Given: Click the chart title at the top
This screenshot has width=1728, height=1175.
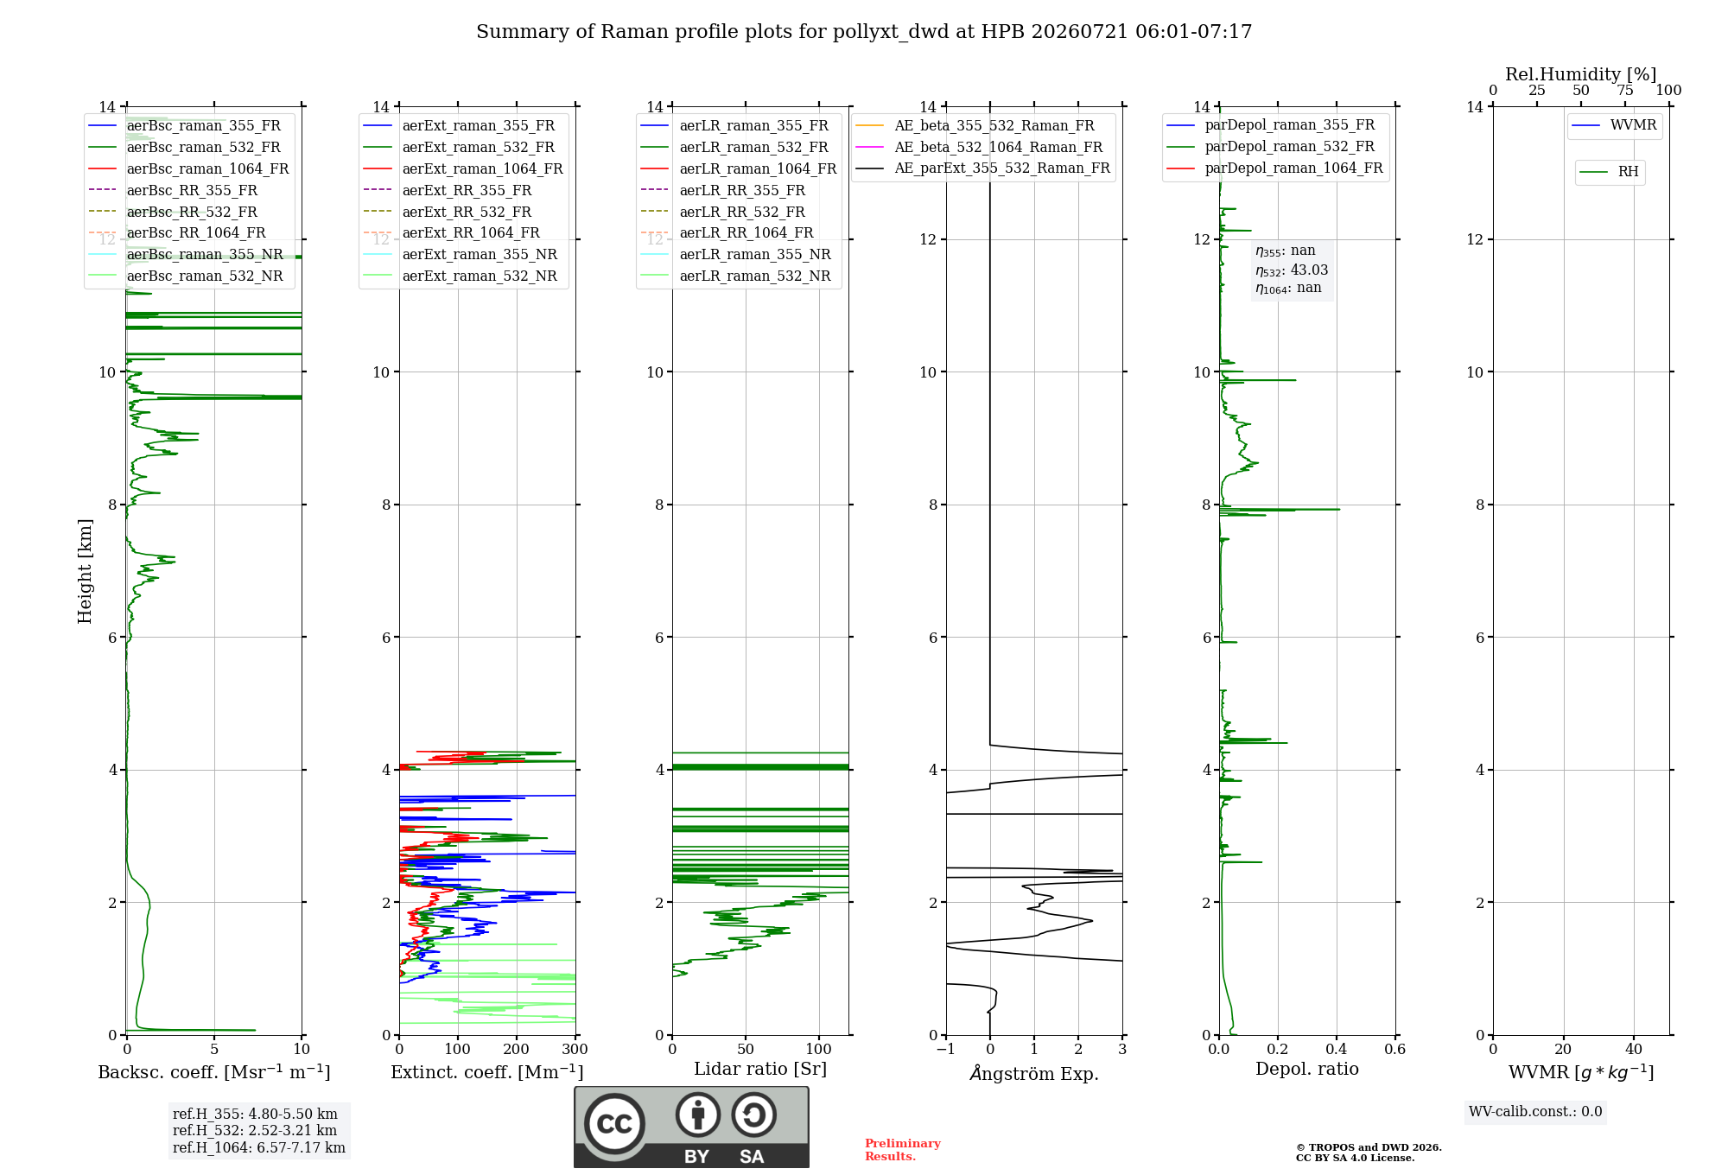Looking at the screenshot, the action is click(864, 32).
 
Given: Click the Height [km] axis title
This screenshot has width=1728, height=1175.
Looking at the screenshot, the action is click(85, 571).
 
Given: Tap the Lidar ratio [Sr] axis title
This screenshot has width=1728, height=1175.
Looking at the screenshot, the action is click(760, 1069).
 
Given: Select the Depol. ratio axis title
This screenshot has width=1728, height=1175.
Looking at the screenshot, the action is click(1307, 1069).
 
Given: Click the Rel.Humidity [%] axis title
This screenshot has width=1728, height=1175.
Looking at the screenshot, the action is click(1581, 74).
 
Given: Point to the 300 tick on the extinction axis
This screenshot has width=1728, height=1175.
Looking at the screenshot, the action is click(575, 1049).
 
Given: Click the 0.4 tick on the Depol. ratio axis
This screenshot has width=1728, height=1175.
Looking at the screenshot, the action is click(1337, 1049).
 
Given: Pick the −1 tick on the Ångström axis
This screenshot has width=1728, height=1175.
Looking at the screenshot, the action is click(946, 1049).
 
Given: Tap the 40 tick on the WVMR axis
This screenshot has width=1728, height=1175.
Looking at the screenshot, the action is click(1634, 1049).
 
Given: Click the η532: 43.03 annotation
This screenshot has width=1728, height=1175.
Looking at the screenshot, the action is click(1292, 270).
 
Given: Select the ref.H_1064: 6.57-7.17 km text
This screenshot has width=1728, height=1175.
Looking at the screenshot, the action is click(259, 1147).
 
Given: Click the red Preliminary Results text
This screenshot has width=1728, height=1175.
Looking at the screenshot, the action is click(903, 1150).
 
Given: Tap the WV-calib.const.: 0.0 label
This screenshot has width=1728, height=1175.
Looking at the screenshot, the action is click(1535, 1112).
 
